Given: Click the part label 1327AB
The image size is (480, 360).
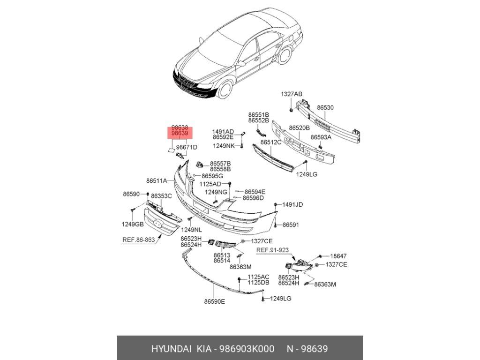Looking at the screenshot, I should (x=292, y=94).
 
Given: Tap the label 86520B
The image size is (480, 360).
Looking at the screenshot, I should (x=299, y=127).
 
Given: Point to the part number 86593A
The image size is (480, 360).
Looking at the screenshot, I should (x=321, y=137).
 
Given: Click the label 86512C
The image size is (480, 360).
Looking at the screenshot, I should (x=271, y=142).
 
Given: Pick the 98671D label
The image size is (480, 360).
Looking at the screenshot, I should (x=187, y=147).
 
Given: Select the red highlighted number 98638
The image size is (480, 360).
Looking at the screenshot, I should (x=180, y=127).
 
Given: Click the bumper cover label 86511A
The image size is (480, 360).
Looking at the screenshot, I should (x=156, y=180).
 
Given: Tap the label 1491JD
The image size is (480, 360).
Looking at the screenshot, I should (x=292, y=204).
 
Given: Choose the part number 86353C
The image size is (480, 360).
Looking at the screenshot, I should (x=161, y=195).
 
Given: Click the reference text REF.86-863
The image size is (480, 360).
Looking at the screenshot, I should (x=138, y=239).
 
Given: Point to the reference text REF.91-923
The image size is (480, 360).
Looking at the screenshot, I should (x=272, y=250).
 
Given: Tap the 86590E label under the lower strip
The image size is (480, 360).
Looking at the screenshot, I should (x=214, y=301).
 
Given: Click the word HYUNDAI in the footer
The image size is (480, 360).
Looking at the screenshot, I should (x=172, y=349).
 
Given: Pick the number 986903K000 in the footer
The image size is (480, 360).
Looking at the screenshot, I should (x=245, y=349).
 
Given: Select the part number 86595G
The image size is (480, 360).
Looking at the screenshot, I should (x=212, y=176).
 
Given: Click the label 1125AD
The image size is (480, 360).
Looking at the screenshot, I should (x=210, y=184).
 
